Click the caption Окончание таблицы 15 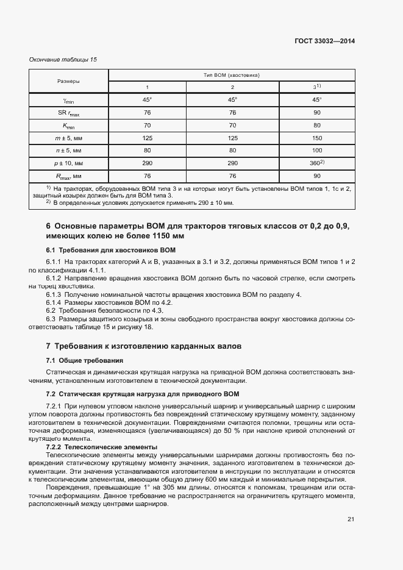63,59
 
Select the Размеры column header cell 68,80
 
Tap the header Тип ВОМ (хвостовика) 232,75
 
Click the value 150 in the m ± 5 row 316,138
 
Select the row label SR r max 68,112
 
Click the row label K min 68,126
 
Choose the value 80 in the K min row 316,126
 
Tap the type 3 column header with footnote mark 316,87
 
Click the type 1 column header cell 147,87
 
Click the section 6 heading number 49,226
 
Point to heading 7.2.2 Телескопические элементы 102,447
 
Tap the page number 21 351,519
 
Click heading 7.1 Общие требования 85,360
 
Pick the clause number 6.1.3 54,294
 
